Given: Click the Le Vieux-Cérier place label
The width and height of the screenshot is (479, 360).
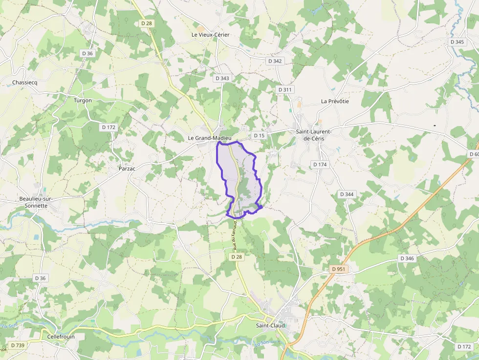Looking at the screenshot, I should coord(210,35).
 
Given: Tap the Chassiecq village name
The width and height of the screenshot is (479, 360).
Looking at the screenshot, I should coord(24,83).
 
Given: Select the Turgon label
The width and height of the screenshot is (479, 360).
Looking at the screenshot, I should coord(83,100).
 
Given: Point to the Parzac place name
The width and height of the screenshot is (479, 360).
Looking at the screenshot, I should coord(127,169).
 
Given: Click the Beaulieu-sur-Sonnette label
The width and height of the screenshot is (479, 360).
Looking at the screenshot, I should coord(35,202).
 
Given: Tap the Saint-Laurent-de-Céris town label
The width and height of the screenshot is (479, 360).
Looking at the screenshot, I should coord(314,135).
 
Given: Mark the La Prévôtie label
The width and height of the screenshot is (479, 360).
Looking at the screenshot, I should coord(335,101).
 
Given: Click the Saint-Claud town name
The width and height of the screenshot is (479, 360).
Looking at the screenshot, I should coord(270,325).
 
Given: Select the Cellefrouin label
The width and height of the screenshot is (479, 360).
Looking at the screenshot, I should coord(61,337).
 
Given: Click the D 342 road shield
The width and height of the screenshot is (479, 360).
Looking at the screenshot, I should coord(275,61).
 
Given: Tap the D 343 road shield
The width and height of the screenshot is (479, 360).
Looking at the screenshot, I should coord(222,78).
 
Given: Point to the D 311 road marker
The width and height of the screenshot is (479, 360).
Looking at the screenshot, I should coord(285,90).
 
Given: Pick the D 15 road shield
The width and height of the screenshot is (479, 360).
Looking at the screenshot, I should coord(259,135).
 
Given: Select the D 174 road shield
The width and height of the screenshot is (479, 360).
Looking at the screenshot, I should coord(320,165).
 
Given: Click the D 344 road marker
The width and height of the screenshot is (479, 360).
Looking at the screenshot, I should coord(347,194).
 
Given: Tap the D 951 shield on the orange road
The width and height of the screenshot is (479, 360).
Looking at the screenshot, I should coord(338,269).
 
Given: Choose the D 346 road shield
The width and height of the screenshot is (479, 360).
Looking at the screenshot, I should coord(407,258).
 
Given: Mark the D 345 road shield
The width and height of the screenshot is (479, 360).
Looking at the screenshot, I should coord(457,42).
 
